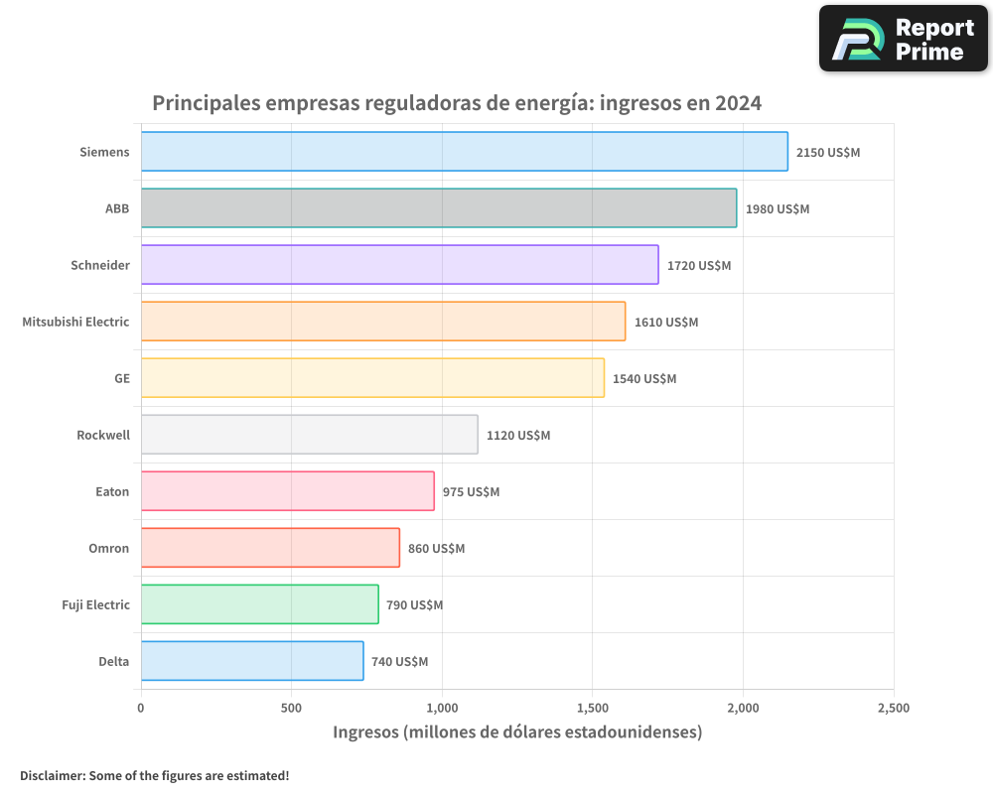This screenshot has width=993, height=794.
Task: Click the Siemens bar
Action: (x=464, y=152)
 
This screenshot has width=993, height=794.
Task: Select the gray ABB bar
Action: (x=438, y=208)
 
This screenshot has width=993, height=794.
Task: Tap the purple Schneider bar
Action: (x=399, y=265)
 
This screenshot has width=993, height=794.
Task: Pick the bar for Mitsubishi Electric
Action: (x=382, y=322)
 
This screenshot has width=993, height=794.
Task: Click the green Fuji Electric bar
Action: (x=259, y=604)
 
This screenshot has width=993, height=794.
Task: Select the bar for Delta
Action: (x=252, y=661)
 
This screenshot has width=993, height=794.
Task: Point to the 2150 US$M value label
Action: (x=828, y=153)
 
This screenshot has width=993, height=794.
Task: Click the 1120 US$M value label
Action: (x=518, y=436)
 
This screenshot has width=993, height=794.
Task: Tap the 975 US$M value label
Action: (x=471, y=492)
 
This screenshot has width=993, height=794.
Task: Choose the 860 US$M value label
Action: (x=436, y=549)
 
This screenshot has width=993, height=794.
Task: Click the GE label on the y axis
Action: (x=121, y=378)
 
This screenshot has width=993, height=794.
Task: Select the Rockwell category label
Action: (x=103, y=435)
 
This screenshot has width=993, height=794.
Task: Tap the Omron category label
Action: (x=108, y=548)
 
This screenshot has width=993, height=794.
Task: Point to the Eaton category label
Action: (x=112, y=491)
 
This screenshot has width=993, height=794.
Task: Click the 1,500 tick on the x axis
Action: (x=592, y=708)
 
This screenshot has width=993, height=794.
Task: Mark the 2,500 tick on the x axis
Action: (x=893, y=708)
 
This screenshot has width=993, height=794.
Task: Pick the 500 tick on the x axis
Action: (x=291, y=708)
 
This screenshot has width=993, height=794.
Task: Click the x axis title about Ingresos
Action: (x=517, y=732)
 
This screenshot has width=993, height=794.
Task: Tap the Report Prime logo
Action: (x=904, y=39)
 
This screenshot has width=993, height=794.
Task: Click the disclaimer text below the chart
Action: (x=154, y=775)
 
